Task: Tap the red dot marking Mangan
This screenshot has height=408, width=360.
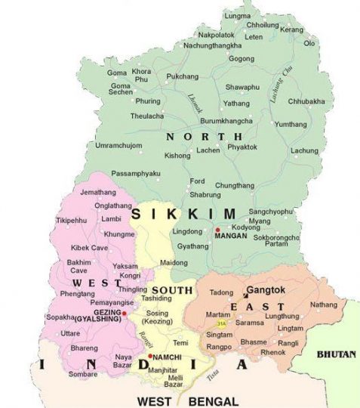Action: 217,229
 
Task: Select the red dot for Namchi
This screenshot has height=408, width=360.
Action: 150,356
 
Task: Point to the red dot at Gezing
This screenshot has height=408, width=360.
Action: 125,311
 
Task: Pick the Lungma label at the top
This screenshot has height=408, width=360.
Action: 238,16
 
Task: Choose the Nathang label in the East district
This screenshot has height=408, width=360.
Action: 323,305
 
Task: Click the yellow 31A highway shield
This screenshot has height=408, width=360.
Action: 213,322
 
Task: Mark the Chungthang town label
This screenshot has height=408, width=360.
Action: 235,185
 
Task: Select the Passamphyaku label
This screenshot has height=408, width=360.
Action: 136,173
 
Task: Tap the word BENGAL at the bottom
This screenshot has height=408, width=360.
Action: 214,400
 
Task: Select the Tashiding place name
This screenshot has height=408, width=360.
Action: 156,298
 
